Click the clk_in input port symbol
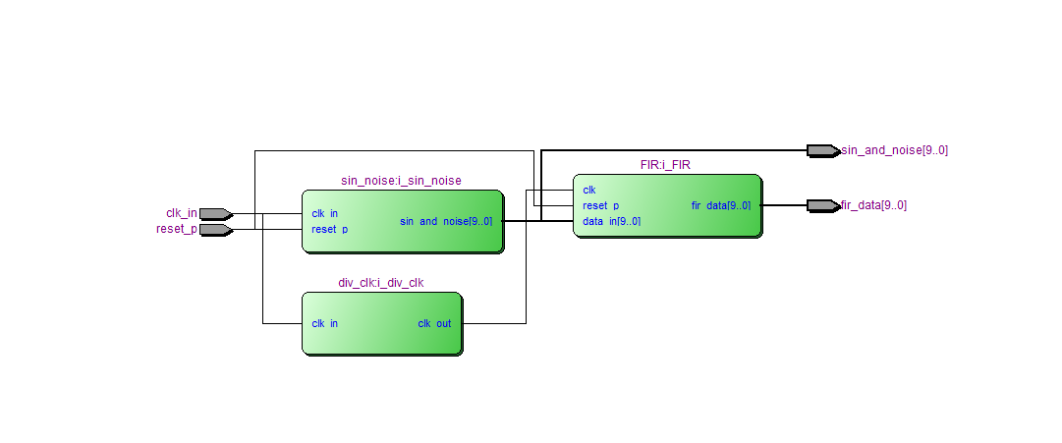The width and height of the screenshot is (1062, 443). [x=215, y=213]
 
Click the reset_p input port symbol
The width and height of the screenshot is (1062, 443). [x=215, y=230]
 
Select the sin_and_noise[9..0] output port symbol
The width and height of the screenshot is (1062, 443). [x=822, y=150]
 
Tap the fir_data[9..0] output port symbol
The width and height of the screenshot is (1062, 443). [x=822, y=205]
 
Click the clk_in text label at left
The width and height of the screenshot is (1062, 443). [x=181, y=213]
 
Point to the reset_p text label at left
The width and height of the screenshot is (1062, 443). [x=177, y=230]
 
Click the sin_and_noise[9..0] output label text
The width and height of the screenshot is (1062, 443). [x=894, y=150]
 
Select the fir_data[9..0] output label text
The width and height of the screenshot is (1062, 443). [x=873, y=205]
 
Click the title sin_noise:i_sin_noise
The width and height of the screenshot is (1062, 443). [x=401, y=181]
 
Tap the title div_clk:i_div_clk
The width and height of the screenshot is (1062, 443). [x=381, y=283]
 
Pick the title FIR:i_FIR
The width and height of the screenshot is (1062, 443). [x=665, y=165]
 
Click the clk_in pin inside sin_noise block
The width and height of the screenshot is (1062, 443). [x=325, y=213]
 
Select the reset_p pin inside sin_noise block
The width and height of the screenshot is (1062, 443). [x=329, y=229]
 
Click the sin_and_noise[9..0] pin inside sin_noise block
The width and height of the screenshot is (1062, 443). [x=445, y=221]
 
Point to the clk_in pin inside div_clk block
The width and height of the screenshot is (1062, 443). [x=325, y=323]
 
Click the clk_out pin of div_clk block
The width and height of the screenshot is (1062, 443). [x=434, y=323]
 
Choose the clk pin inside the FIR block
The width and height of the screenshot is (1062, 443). [x=589, y=190]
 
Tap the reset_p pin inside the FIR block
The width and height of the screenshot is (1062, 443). [x=600, y=205]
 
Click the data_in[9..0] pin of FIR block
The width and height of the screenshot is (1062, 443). [x=611, y=221]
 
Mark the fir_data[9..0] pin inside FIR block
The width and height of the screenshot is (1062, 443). [x=720, y=205]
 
